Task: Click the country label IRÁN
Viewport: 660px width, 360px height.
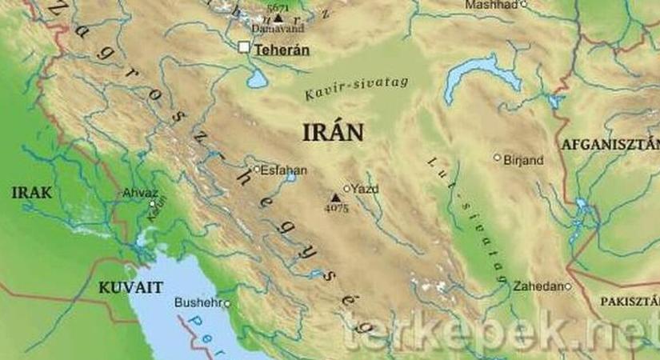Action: (x=333, y=134)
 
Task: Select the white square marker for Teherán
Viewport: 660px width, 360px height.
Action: (x=244, y=48)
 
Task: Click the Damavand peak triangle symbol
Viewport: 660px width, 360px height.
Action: (x=278, y=17)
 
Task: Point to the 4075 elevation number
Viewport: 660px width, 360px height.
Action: (x=336, y=208)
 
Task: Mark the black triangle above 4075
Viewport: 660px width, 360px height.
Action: (x=335, y=197)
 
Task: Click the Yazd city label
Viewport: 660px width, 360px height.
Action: (x=365, y=190)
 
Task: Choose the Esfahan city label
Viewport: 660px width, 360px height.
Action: (x=279, y=170)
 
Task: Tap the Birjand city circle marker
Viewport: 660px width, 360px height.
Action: (x=497, y=158)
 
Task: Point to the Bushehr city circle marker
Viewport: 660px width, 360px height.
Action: (x=227, y=304)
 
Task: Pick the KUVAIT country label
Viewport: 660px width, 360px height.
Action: (x=130, y=286)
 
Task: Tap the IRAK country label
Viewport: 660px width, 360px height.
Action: (x=32, y=193)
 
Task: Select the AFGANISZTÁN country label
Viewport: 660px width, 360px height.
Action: (x=610, y=145)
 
